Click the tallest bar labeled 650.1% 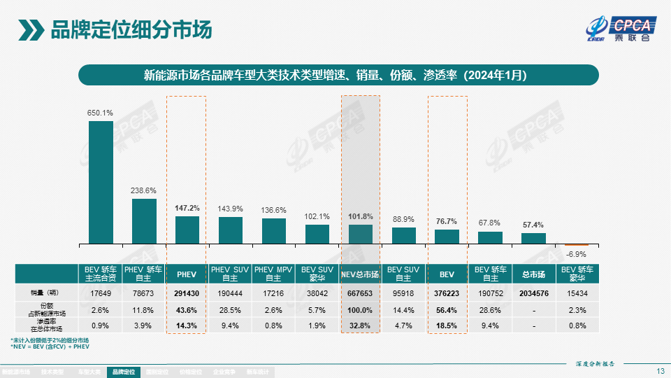101,182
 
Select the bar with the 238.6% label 144,221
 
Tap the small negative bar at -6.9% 577,244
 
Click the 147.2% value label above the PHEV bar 187,208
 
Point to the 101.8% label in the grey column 361,216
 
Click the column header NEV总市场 361,274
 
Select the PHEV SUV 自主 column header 231,274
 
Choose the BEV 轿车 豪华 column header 577,274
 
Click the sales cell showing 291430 187,294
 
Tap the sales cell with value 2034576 533,294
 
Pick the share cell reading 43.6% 187,309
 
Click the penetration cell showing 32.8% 361,325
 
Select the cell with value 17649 101,294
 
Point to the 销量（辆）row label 46,294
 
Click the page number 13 661,370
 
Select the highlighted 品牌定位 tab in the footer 123,372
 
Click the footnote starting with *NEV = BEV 50,346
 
